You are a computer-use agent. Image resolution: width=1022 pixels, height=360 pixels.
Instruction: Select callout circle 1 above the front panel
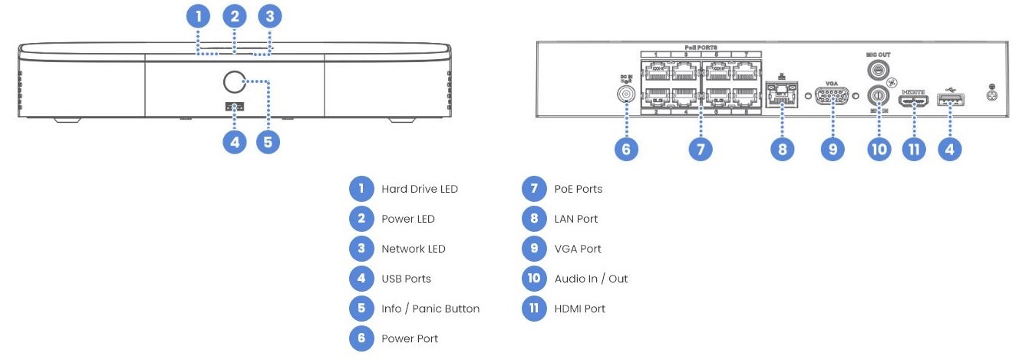(x=199, y=15)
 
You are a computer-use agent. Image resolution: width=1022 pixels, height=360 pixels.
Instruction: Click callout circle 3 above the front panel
(x=268, y=15)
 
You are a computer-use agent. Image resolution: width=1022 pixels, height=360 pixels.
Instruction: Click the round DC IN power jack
(x=626, y=95)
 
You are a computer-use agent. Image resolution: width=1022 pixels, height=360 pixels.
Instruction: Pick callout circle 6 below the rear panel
(x=626, y=149)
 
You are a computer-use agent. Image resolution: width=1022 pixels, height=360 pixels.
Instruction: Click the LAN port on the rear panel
(x=782, y=94)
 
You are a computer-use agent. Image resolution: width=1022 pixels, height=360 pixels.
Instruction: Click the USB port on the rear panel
(x=951, y=98)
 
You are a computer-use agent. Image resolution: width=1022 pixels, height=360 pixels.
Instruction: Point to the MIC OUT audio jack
(x=878, y=70)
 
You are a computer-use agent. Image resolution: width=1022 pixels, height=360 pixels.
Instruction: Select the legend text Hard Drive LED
(x=419, y=189)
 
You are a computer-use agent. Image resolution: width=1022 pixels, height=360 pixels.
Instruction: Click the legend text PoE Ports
(x=578, y=189)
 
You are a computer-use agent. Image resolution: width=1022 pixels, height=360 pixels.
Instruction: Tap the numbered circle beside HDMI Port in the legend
(x=532, y=309)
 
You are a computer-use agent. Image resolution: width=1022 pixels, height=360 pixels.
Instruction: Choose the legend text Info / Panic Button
(x=430, y=309)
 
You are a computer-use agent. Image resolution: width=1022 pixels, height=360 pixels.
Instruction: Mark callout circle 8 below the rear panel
(x=782, y=149)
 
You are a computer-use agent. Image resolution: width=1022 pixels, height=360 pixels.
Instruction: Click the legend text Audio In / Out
(x=591, y=279)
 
